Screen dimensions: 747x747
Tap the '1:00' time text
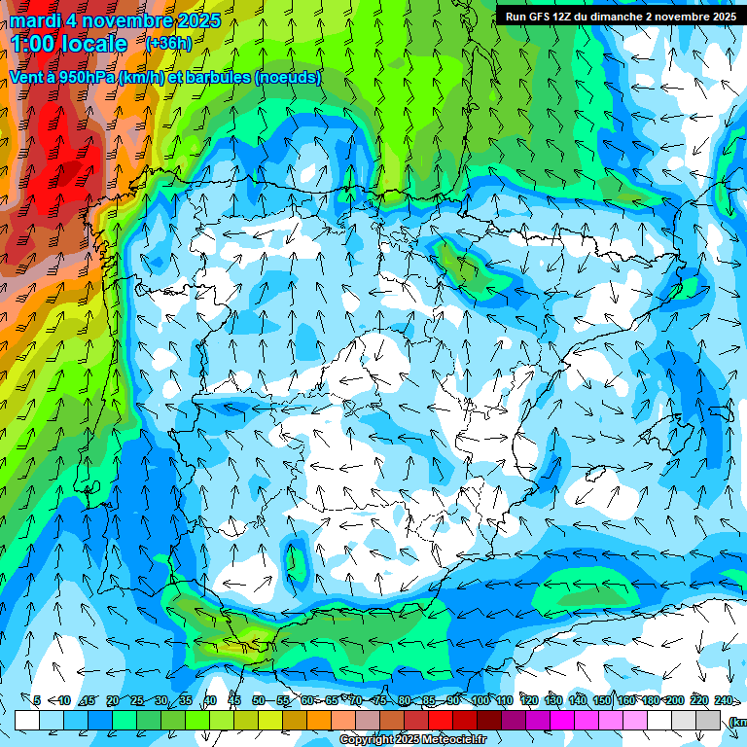(x=35, y=44)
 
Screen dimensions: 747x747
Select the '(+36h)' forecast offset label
(x=168, y=44)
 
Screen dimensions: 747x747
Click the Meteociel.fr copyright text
(x=413, y=740)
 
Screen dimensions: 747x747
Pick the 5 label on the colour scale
(x=37, y=700)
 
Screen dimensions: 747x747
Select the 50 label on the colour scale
(x=258, y=700)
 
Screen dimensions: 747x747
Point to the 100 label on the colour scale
(x=480, y=700)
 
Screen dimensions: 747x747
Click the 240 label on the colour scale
(x=724, y=700)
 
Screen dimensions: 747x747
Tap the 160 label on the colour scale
(x=626, y=700)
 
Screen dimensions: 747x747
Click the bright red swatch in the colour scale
(x=441, y=721)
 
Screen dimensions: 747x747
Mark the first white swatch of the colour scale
(x=27, y=721)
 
